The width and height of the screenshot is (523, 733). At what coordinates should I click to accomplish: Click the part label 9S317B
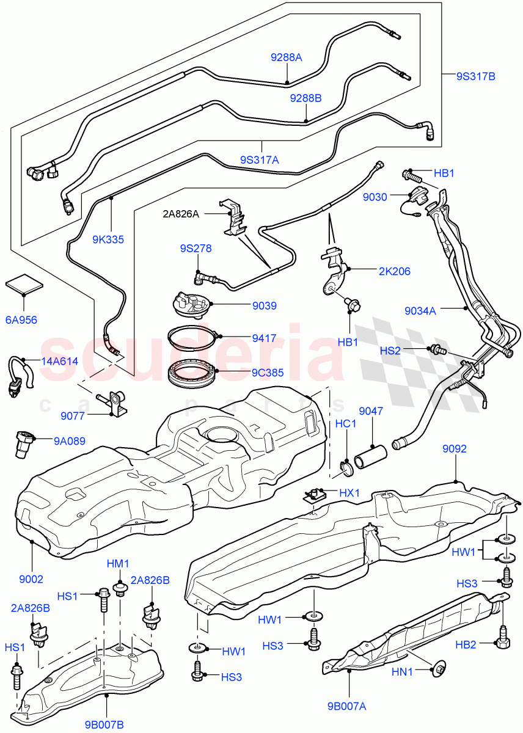pyautogui.click(x=475, y=76)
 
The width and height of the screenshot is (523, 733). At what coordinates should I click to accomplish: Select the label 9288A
pyautogui.click(x=287, y=58)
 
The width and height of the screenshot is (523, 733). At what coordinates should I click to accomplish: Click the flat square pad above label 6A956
pyautogui.click(x=24, y=285)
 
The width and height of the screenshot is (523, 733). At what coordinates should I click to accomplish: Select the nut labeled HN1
pyautogui.click(x=439, y=670)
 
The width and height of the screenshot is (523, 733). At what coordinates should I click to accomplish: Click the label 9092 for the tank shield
pyautogui.click(x=455, y=449)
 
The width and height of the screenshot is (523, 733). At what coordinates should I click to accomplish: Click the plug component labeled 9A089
pyautogui.click(x=23, y=447)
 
